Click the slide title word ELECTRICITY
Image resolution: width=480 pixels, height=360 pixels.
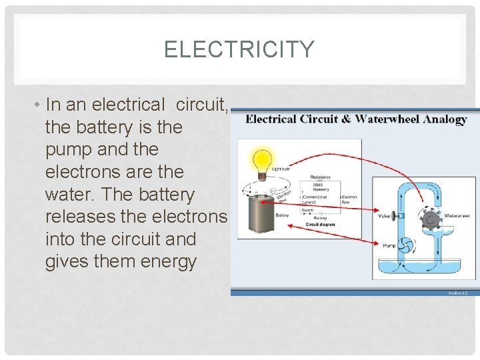[239, 50]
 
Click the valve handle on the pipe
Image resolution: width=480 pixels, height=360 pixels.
[394, 216]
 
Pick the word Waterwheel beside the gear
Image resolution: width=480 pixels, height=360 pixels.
[457, 216]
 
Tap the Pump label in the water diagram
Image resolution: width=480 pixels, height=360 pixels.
[389, 245]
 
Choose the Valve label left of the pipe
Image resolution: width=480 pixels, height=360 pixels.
[384, 216]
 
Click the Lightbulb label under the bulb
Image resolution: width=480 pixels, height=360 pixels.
[280, 169]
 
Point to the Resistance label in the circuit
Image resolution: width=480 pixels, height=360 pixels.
[320, 177]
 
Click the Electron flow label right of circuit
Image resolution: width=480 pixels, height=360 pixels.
[349, 199]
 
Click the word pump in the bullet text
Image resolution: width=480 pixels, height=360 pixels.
[68, 149]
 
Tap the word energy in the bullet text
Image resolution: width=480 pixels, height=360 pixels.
[169, 262]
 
